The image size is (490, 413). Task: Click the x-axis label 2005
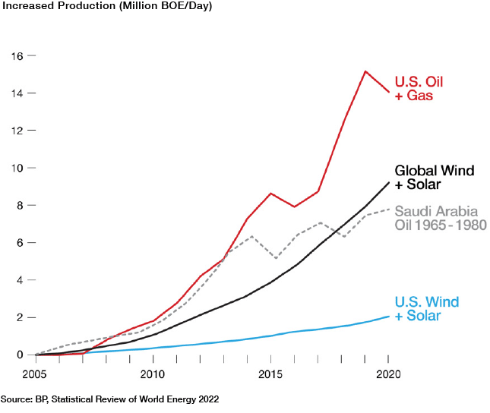[36, 374]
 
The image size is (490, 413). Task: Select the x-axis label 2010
[153, 374]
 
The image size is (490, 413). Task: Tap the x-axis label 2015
[270, 374]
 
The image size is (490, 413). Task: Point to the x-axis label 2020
[388, 374]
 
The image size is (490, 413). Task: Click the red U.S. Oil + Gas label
[419, 89]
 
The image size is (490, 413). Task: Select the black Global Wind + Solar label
[435, 178]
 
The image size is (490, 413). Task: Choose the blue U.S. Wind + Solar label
[427, 309]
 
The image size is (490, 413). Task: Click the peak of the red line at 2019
[365, 71]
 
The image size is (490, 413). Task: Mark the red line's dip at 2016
[295, 206]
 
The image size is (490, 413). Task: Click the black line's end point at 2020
[389, 182]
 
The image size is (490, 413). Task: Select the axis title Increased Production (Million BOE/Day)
[106, 7]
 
